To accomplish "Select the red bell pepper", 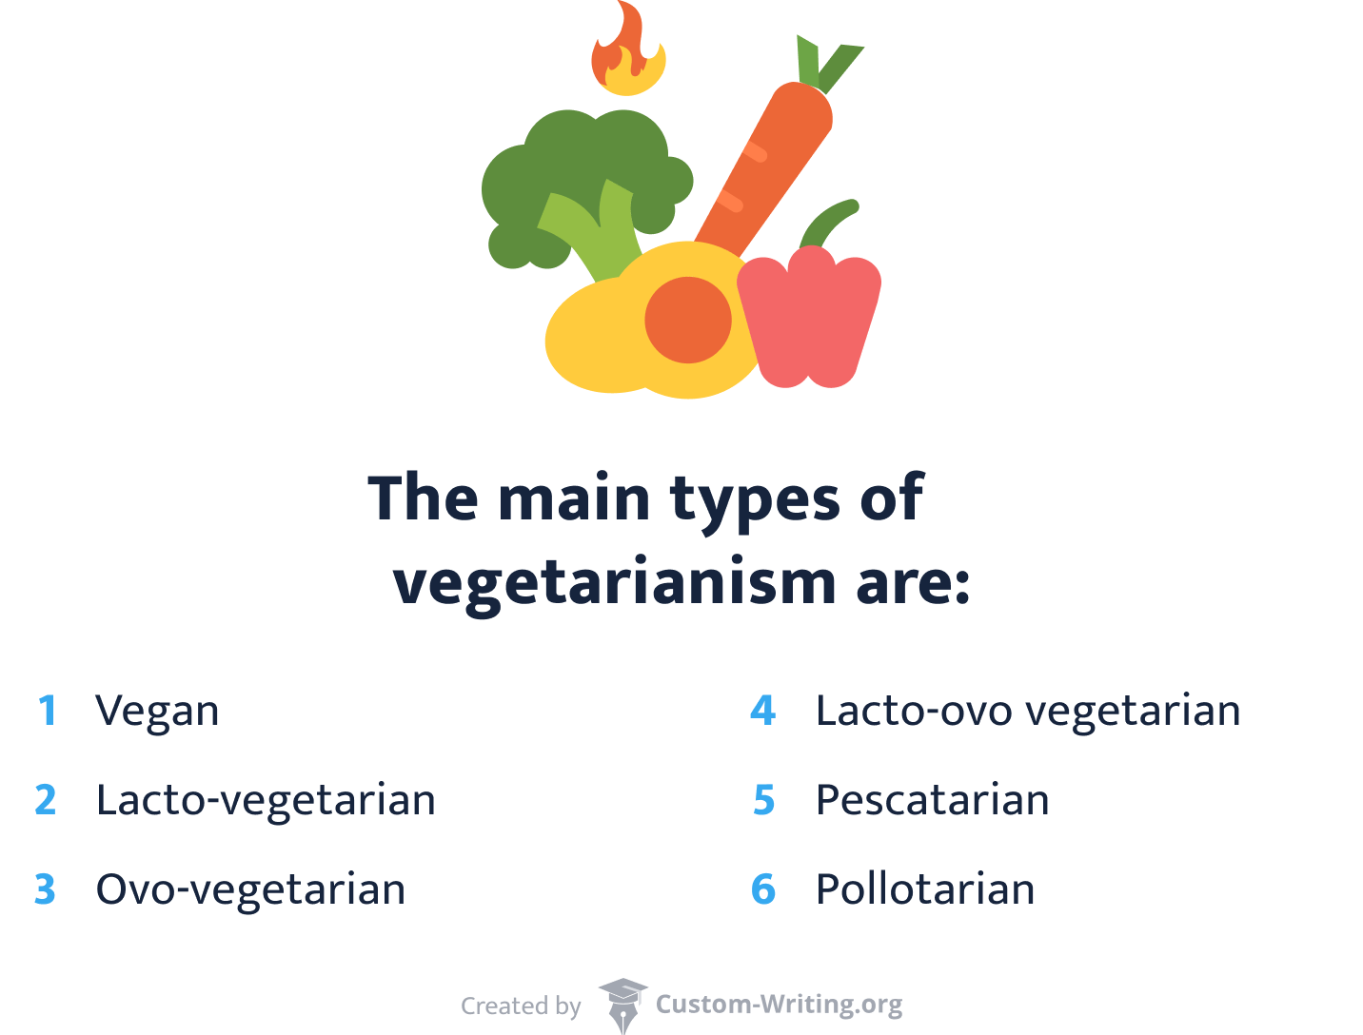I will click(x=809, y=319).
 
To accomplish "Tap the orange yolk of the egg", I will click(x=687, y=320).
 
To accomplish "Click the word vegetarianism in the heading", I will click(x=614, y=582).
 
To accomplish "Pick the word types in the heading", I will click(x=755, y=498).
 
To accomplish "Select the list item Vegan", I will click(x=157, y=711).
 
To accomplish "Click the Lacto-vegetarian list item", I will click(x=266, y=800).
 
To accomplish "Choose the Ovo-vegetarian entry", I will click(x=250, y=889).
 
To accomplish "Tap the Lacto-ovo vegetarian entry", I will click(x=1028, y=711).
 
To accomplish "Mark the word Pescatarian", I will click(x=932, y=800).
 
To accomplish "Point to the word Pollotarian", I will click(x=925, y=889).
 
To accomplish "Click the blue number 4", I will click(x=763, y=711).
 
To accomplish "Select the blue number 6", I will click(x=763, y=889).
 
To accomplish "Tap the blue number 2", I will click(x=46, y=800).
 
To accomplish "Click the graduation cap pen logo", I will click(x=622, y=1005).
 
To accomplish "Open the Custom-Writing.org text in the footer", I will click(x=779, y=1005).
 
